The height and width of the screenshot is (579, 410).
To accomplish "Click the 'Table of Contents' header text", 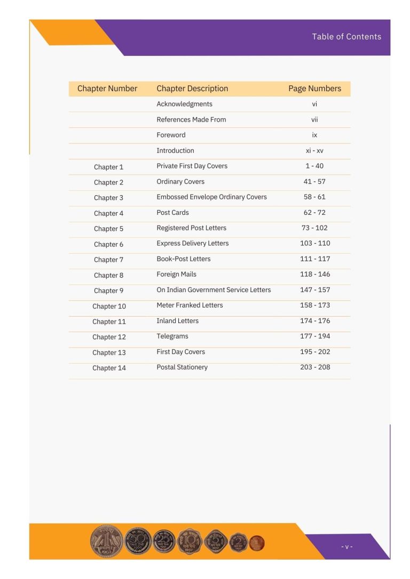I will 346,37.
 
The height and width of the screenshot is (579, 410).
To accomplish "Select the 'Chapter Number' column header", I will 107,89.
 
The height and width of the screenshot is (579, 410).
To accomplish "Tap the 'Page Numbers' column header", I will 314,89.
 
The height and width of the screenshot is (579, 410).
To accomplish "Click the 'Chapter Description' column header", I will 192,89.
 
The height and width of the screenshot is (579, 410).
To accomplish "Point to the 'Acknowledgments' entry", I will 184,104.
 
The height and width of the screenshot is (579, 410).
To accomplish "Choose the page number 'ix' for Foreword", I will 314,135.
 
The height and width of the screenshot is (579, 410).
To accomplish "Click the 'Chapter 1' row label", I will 108,167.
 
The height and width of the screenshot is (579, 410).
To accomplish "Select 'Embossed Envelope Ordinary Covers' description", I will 211,197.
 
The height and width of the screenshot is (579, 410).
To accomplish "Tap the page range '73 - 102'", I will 314,228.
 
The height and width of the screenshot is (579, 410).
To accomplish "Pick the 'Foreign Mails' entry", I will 176,274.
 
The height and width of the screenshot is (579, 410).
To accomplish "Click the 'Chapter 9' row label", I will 108,291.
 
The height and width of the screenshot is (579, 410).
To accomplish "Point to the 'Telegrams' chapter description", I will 172,336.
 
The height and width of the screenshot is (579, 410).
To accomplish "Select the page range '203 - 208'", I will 315,367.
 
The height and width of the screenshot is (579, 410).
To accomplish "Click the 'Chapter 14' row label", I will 109,368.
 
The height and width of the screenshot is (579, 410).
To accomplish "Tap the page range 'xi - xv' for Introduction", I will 314,151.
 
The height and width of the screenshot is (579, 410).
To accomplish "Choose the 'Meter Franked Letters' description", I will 190,305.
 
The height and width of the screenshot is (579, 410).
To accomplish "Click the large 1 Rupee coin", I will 106,541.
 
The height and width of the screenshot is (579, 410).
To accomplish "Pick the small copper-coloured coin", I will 257,543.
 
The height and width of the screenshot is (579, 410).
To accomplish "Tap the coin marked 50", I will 138,541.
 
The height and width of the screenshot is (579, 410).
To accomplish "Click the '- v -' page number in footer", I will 347,547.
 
